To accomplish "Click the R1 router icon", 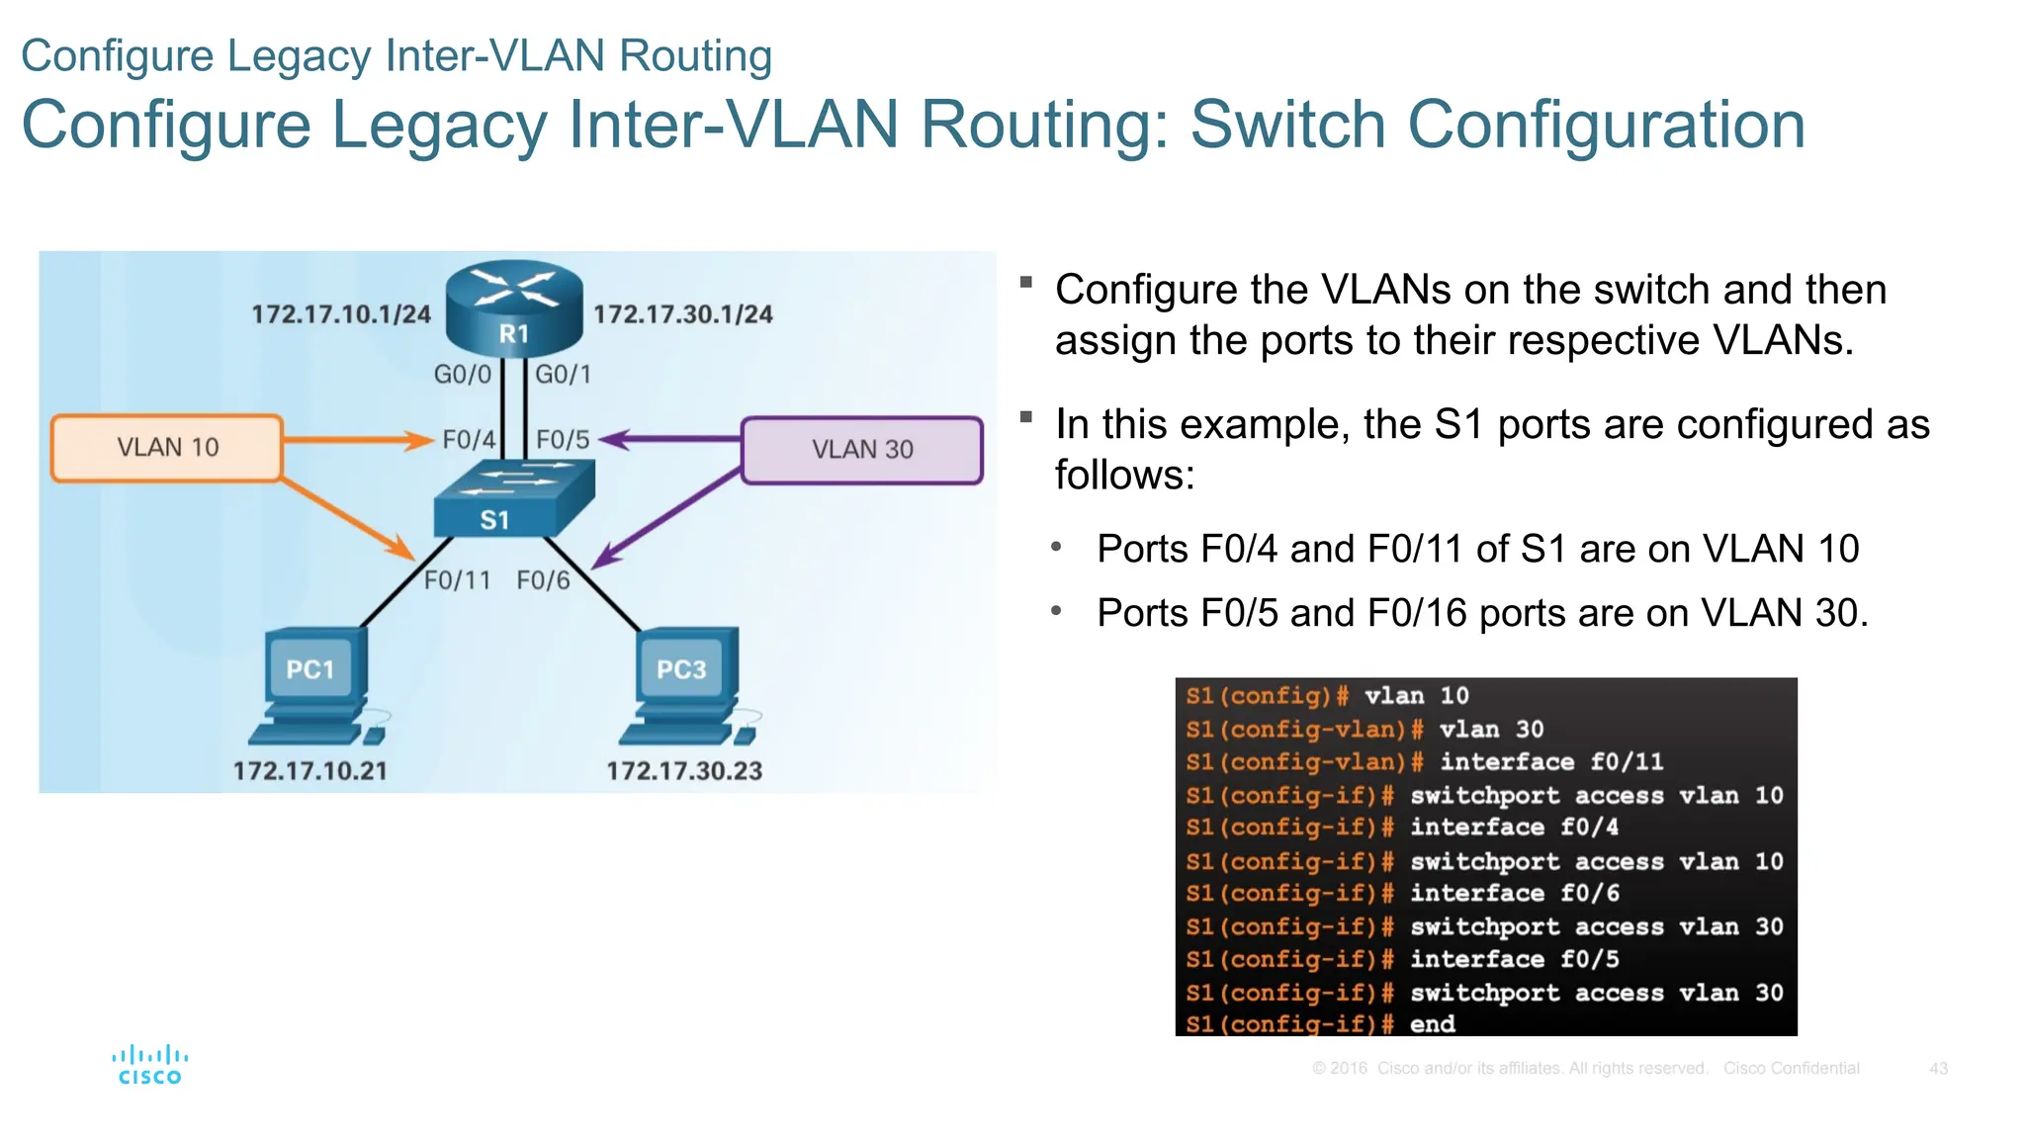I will click(x=513, y=308).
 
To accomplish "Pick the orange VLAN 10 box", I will click(x=167, y=448).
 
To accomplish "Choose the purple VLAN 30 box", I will click(x=861, y=450).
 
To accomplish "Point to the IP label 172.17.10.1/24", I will click(x=341, y=314).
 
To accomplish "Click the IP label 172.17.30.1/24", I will click(x=683, y=314).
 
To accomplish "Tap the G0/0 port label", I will click(x=462, y=375).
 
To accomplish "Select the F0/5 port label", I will click(x=563, y=440).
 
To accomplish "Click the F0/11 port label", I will click(x=457, y=580).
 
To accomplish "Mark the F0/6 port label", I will click(x=544, y=580).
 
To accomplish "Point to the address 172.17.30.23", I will click(x=684, y=771).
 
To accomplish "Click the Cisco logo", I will click(x=150, y=1065).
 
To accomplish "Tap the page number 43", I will click(x=1938, y=1069).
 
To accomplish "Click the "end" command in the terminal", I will click(x=1432, y=1024).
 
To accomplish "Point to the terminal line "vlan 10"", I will click(x=1416, y=696).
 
